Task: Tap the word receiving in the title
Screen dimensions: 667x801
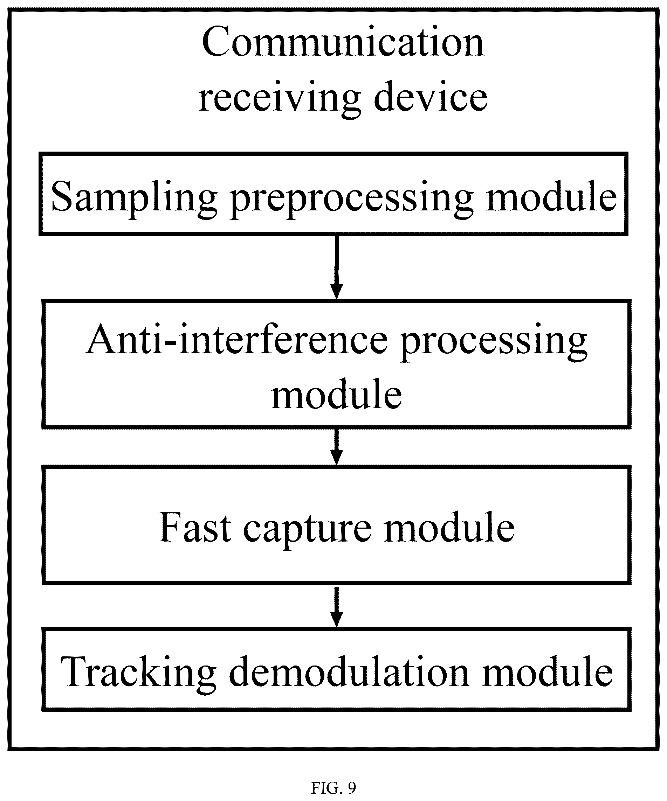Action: pyautogui.click(x=280, y=98)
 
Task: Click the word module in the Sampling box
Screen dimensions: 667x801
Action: pyautogui.click(x=551, y=195)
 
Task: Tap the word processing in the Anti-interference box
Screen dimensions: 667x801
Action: pyautogui.click(x=495, y=342)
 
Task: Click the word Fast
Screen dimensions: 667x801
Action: pyautogui.click(x=195, y=528)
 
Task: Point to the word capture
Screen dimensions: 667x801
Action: pyautogui.click(x=308, y=530)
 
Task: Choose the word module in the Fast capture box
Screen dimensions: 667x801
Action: pyautogui.click(x=449, y=527)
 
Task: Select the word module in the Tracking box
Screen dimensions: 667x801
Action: pyautogui.click(x=548, y=672)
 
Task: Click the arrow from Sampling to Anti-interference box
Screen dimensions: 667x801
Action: pyautogui.click(x=337, y=267)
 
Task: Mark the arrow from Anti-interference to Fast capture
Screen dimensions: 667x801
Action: pyautogui.click(x=336, y=447)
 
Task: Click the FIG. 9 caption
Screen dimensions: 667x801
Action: pyautogui.click(x=333, y=788)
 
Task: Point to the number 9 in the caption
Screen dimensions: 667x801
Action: pyautogui.click(x=352, y=788)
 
